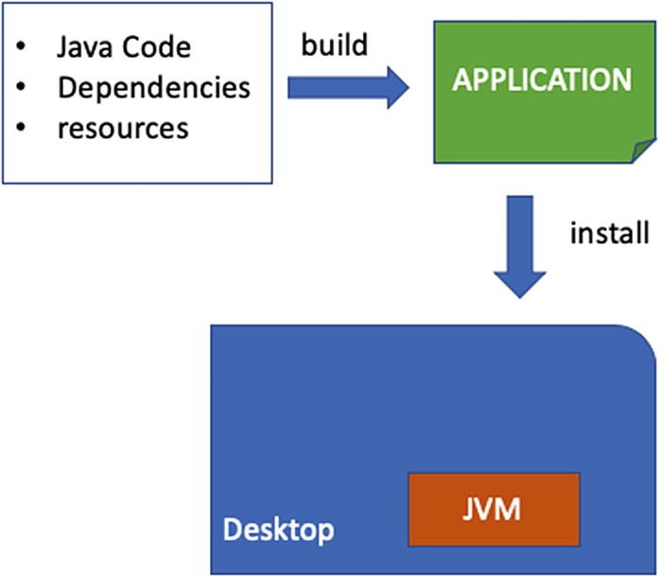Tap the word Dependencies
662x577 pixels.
coord(154,87)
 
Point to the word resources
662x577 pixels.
coord(123,127)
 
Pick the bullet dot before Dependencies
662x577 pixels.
coord(22,88)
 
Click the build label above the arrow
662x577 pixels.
coord(333,44)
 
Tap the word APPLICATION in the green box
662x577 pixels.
coord(542,79)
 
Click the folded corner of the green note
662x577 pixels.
coord(644,149)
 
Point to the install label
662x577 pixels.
coord(609,232)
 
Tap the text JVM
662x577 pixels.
coord(493,510)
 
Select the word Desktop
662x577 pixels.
coord(278,530)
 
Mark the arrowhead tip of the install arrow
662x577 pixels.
coord(520,297)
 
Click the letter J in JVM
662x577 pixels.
coord(470,510)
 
